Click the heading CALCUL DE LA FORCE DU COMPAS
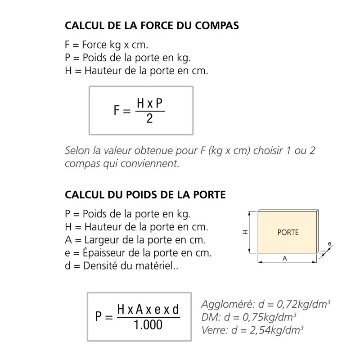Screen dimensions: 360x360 click(x=152, y=25)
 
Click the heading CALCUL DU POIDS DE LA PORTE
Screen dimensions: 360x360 click(x=145, y=195)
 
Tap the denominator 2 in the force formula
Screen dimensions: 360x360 click(x=149, y=119)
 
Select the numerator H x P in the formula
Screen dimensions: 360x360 click(x=149, y=103)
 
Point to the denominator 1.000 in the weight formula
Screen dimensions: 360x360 click(x=148, y=324)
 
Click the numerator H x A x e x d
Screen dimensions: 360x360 click(x=148, y=309)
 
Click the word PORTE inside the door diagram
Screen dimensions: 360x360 click(x=288, y=233)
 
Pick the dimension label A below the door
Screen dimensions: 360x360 click(x=284, y=258)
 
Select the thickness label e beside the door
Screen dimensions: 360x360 click(x=329, y=244)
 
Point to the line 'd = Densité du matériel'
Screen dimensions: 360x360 click(x=121, y=266)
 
